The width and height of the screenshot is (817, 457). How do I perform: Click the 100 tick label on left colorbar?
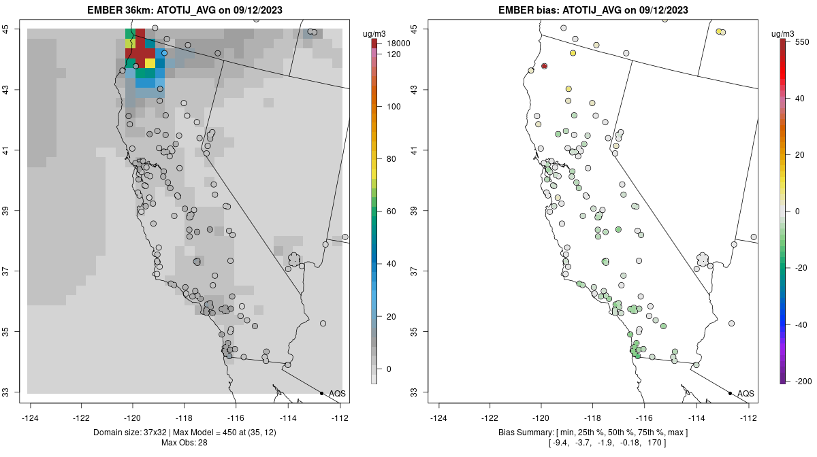(393, 107)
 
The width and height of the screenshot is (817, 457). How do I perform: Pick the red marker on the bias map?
(544, 66)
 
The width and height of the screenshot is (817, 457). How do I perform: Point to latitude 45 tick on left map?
(14, 29)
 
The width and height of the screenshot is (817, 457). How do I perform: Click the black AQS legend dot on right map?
(730, 393)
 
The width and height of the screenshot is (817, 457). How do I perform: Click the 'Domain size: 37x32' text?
(130, 433)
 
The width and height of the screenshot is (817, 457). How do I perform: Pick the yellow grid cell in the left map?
(150, 63)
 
